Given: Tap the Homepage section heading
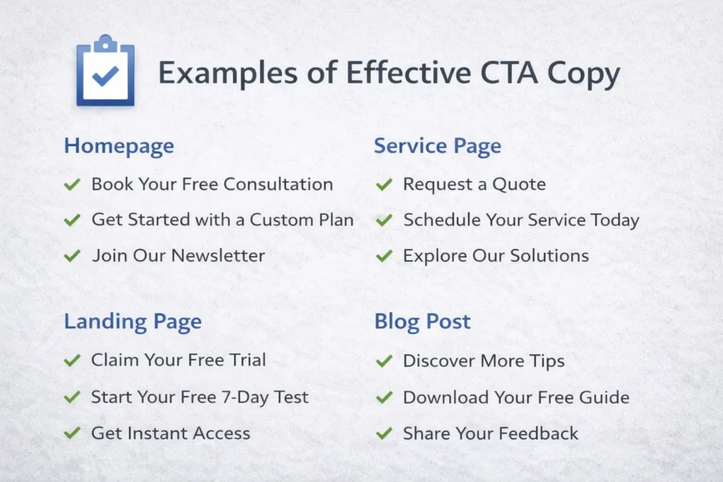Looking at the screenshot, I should pyautogui.click(x=119, y=146).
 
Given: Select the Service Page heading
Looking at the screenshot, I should pyautogui.click(x=437, y=146).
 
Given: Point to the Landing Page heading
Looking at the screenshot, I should pyautogui.click(x=133, y=322).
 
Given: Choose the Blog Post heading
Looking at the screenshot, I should pyautogui.click(x=422, y=322).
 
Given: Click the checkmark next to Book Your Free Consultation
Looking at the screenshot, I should pyautogui.click(x=72, y=185).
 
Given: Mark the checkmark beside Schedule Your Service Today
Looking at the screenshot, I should pyautogui.click(x=384, y=220).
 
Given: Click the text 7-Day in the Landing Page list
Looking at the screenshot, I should pyautogui.click(x=239, y=397).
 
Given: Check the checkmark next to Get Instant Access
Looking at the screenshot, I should pyautogui.click(x=72, y=433).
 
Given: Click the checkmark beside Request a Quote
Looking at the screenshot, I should pyautogui.click(x=384, y=185).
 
